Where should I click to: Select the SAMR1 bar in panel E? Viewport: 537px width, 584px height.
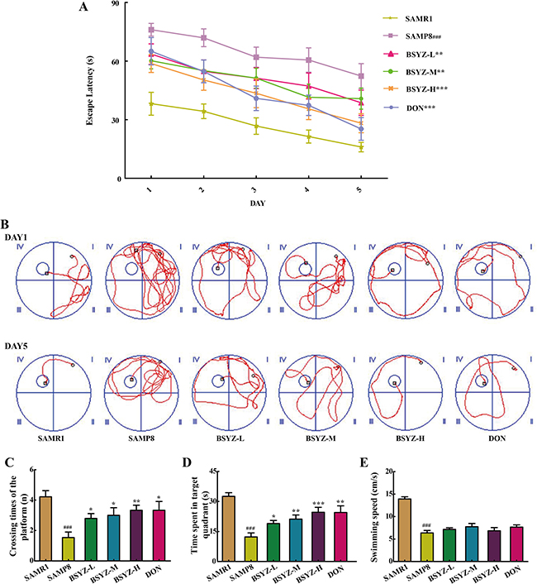pos(404,528)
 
